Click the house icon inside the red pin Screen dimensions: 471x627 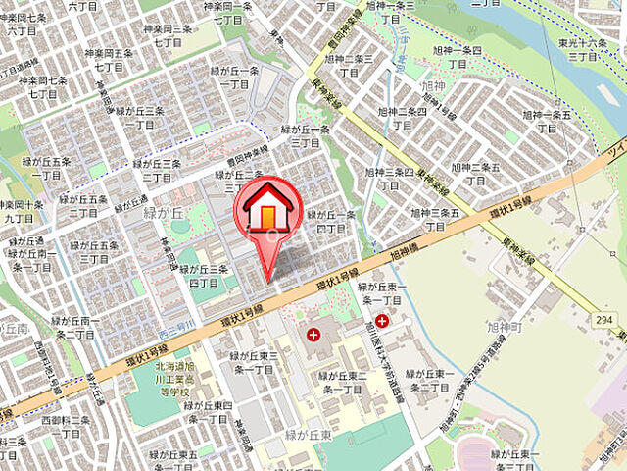click(267, 207)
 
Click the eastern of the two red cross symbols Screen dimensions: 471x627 click(381, 321)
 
